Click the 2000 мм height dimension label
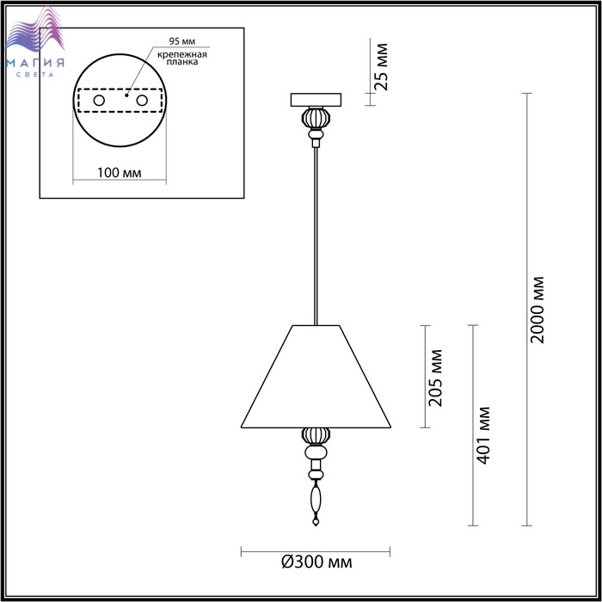point(537,310)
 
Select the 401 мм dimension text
point(483,435)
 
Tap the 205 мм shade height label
point(435,378)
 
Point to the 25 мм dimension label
point(381,67)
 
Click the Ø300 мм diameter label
point(316,562)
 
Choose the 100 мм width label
point(119,172)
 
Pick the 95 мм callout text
point(182,41)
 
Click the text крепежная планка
point(182,58)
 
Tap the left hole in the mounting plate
point(99,101)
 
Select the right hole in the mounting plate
point(142,101)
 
